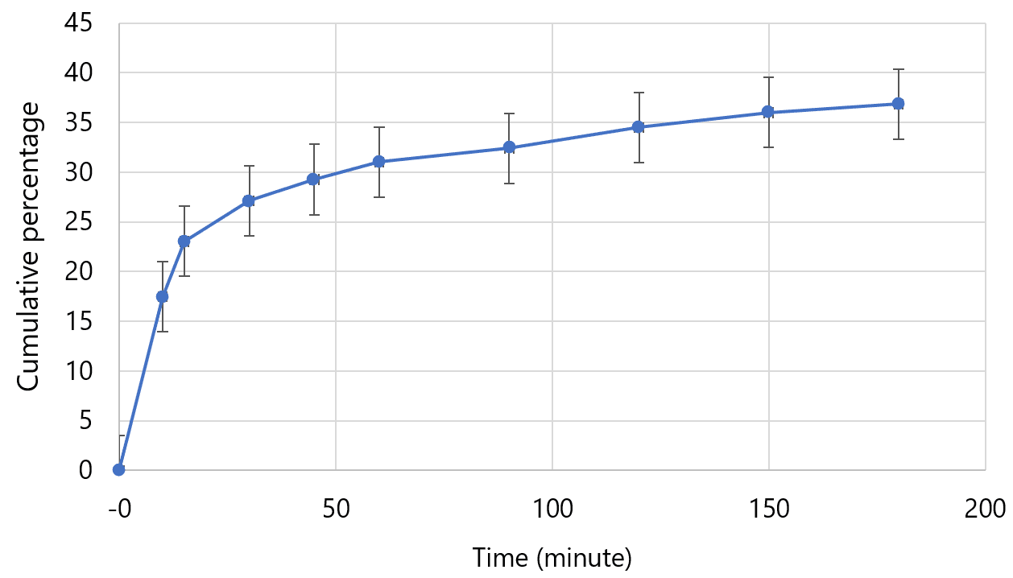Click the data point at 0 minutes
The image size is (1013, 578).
point(119,469)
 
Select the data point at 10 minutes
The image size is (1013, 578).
point(163,297)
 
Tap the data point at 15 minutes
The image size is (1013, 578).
point(184,242)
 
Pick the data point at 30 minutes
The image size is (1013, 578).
point(249,201)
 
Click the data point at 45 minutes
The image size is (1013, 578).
point(314,180)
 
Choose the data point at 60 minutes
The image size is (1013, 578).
point(379,162)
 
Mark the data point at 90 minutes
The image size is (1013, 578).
point(509,148)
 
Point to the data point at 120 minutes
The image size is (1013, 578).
point(639,127)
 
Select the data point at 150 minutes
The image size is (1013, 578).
point(768,113)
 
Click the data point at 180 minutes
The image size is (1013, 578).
point(899,104)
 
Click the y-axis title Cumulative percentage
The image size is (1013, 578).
point(29,246)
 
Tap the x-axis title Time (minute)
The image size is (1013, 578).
point(552,557)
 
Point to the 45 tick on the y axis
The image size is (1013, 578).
point(78,23)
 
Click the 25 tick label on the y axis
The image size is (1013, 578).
point(78,222)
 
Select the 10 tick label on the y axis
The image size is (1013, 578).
point(78,371)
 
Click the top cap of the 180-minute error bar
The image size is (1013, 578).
point(899,69)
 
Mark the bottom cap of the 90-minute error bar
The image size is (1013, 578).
point(509,184)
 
